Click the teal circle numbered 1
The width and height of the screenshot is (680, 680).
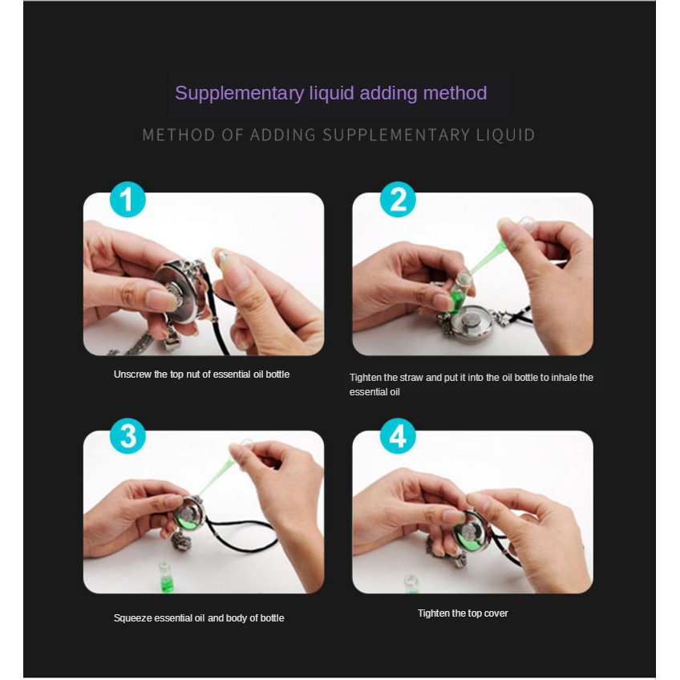point(127,200)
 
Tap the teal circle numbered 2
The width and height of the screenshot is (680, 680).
point(398,200)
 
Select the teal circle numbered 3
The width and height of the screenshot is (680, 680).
point(127,436)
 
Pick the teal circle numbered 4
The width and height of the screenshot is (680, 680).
point(398,436)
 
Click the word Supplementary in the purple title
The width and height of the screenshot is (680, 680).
point(240,94)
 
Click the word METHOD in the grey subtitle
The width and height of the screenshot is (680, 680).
point(179,135)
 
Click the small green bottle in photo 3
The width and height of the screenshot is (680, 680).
point(165,576)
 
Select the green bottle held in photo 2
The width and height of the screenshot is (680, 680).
point(456,290)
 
